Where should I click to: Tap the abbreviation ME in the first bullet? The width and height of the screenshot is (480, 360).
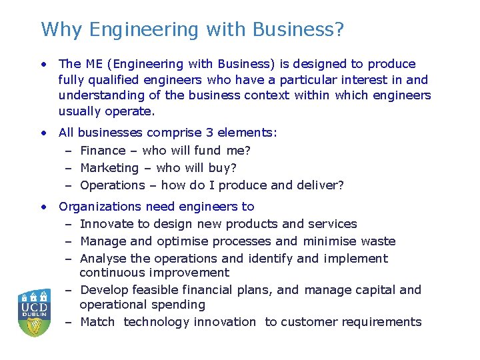click(x=93, y=64)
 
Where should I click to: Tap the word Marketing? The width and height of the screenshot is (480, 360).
click(x=109, y=168)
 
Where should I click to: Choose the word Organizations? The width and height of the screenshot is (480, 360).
click(x=101, y=207)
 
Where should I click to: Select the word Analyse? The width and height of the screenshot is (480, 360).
click(x=103, y=259)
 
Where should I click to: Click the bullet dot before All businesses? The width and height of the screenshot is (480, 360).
click(x=43, y=133)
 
